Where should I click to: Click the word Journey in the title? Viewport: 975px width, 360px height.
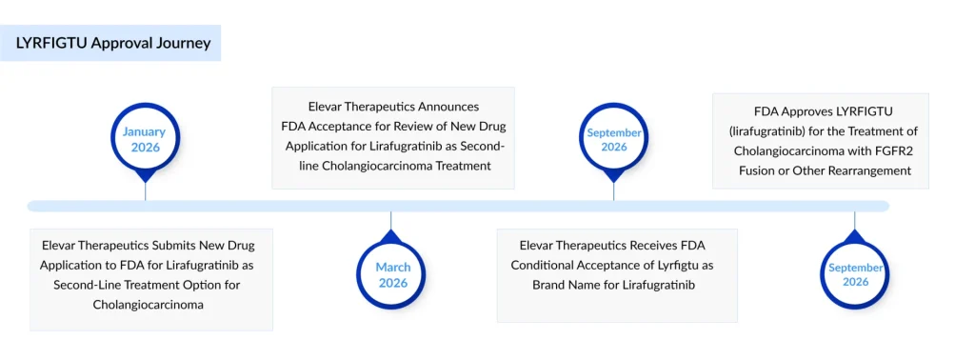(184, 43)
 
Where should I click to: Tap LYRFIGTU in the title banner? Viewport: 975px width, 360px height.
(53, 43)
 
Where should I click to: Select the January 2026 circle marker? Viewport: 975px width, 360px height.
(145, 139)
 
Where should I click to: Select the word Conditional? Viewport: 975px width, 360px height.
(542, 265)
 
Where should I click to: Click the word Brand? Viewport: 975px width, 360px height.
(547, 285)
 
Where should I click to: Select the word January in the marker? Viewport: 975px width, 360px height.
(145, 131)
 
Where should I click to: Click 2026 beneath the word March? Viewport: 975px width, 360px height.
(393, 283)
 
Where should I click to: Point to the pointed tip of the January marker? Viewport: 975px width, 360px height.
(145, 183)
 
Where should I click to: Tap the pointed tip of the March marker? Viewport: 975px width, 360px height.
(390, 230)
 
